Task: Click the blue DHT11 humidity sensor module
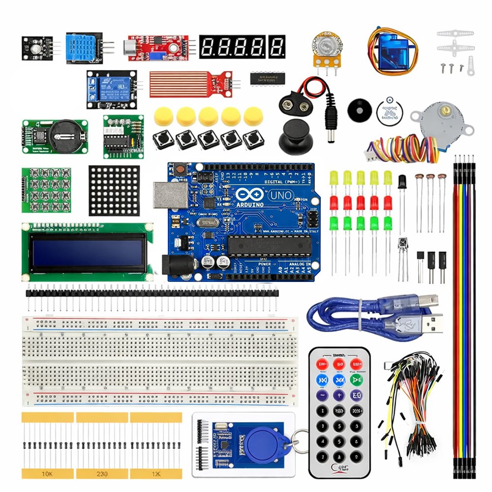pyautogui.click(x=82, y=46)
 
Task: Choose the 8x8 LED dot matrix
pyautogui.click(x=114, y=190)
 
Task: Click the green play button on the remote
pyautogui.click(x=356, y=379)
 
